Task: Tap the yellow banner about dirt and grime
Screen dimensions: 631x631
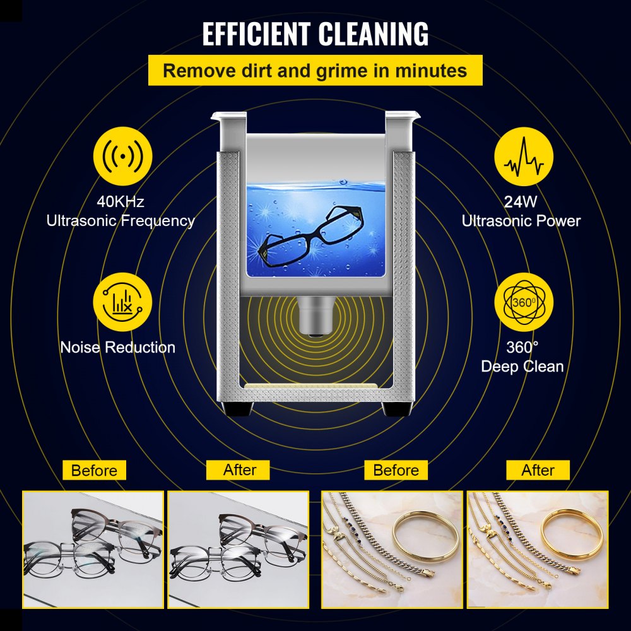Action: [315, 70]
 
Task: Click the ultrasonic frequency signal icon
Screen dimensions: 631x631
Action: [122, 161]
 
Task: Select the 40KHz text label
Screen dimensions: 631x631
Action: [120, 202]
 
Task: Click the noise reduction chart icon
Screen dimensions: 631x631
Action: [122, 302]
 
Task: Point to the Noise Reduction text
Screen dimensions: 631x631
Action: [118, 347]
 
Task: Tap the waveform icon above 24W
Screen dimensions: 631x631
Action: [524, 161]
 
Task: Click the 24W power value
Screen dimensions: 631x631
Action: [521, 202]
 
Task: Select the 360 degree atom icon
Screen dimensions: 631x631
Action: [524, 302]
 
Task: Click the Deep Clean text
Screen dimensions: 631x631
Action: [522, 367]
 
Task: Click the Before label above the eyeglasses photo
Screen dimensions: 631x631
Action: [94, 470]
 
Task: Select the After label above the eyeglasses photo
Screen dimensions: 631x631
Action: [239, 470]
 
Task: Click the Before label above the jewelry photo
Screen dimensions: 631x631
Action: [396, 470]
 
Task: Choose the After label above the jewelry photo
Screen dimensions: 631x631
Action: [538, 470]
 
